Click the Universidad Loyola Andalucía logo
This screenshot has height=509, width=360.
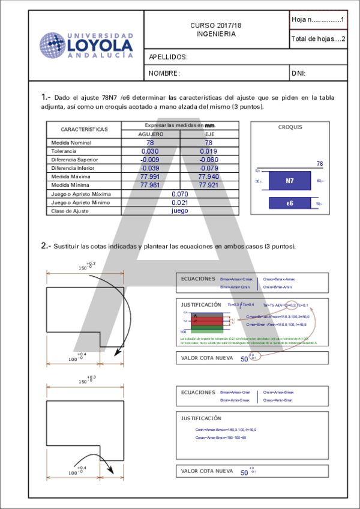86,46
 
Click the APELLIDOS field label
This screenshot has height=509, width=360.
169,58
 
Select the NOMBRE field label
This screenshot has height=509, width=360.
164,73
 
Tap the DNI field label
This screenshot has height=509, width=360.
299,73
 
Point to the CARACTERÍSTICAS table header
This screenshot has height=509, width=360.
84,129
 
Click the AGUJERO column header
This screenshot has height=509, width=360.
150,134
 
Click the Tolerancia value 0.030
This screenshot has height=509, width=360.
150,152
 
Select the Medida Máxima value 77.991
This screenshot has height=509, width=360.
150,177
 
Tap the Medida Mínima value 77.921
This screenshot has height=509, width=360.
209,185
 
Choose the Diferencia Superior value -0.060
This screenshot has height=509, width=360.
209,160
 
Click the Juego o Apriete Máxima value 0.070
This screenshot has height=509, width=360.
179,194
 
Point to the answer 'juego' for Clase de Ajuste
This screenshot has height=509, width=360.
179,211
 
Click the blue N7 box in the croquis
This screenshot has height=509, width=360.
289,181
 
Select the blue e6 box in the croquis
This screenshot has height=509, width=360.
289,203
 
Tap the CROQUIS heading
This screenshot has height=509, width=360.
290,127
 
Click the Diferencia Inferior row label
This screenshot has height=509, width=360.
74,169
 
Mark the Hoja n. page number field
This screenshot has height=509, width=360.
317,20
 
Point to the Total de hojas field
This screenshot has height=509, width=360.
317,39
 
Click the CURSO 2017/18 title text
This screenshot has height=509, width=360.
215,25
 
